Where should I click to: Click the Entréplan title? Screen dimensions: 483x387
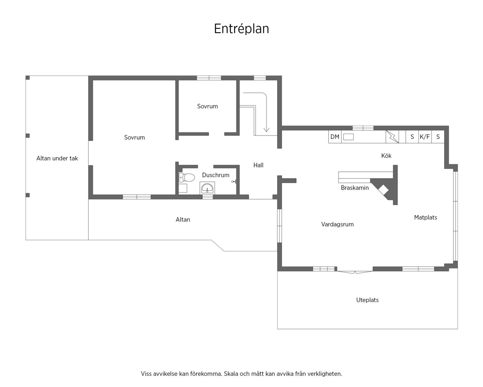(241, 29)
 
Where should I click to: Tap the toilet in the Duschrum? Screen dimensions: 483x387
(186, 177)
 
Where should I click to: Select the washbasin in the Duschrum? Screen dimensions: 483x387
(207, 188)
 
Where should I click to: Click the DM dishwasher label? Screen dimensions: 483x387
(335, 137)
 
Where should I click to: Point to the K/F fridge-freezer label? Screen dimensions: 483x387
(425, 137)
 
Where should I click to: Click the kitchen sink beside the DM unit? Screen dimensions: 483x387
(348, 137)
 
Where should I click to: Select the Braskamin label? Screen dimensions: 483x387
(355, 188)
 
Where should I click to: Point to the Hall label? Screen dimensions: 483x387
(258, 165)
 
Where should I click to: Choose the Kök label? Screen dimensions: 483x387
(386, 156)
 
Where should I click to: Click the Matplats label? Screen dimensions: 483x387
(425, 218)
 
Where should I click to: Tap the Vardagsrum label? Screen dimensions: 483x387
(337, 224)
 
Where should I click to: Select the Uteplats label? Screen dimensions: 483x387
(367, 300)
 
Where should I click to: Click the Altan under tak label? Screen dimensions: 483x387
(57, 158)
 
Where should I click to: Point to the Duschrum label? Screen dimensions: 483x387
(216, 175)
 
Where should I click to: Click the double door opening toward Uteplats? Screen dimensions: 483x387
(355, 272)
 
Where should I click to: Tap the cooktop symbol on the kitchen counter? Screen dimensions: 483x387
(392, 137)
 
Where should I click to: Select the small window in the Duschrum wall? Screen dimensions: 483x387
(208, 197)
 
